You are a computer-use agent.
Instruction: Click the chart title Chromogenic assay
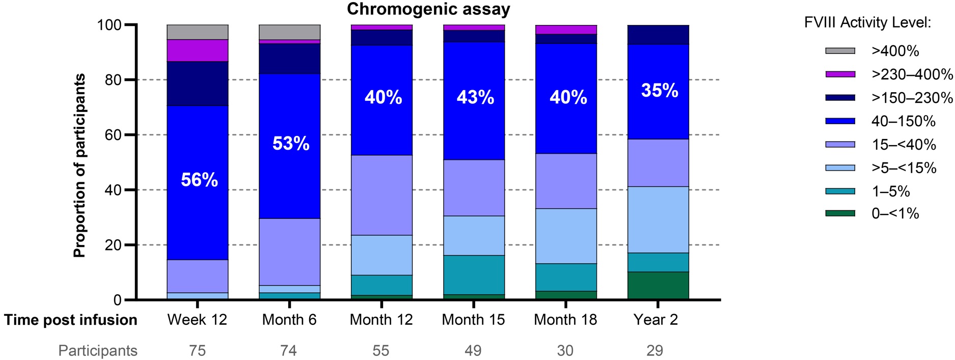click(x=428, y=9)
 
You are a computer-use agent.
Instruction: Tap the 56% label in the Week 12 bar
click(x=199, y=180)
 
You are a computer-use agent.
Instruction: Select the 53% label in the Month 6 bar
click(x=290, y=144)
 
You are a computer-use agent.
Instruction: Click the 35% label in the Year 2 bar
click(x=660, y=91)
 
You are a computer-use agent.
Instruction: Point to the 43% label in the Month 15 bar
click(x=475, y=97)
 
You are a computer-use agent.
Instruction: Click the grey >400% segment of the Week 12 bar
click(x=198, y=32)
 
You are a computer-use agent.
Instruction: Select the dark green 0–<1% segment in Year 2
click(x=658, y=286)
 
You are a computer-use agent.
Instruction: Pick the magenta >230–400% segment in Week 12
click(x=198, y=50)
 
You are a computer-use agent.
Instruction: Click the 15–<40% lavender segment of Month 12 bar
click(x=382, y=195)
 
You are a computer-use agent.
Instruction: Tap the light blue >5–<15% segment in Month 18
click(x=566, y=236)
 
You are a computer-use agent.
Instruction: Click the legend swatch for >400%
click(x=840, y=51)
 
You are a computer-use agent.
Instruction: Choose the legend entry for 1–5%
click(x=890, y=191)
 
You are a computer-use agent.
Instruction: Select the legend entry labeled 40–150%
click(x=903, y=121)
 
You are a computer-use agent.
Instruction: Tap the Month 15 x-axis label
click(x=473, y=320)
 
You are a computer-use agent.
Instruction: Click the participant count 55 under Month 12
click(x=381, y=351)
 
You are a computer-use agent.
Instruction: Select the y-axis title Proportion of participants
click(x=79, y=165)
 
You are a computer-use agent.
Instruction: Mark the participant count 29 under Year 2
click(x=655, y=351)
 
